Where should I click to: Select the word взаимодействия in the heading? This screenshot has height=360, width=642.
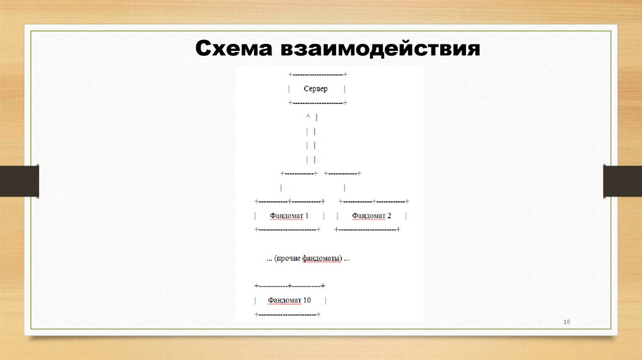coord(376,48)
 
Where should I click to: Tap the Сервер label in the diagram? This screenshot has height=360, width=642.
coord(315,89)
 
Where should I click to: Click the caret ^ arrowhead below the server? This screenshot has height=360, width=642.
coord(308,117)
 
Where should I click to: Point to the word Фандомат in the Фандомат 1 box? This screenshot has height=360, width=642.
coord(286,216)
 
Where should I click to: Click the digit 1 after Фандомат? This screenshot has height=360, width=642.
coord(307,216)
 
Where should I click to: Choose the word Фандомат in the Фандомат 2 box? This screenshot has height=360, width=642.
coord(368,216)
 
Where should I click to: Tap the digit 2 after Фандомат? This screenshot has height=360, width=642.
coord(389,216)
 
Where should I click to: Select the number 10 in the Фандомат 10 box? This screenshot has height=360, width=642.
coord(307,300)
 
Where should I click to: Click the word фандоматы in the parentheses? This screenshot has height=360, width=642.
coord(322,258)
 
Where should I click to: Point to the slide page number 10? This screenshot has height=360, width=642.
coord(566,322)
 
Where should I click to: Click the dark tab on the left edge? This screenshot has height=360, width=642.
coord(19,181)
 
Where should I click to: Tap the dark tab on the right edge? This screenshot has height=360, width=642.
coord(623,181)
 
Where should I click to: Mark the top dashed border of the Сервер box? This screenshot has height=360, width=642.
coord(318,75)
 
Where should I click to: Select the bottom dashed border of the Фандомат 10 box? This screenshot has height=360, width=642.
coord(288,314)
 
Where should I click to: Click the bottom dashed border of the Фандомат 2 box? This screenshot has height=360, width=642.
coord(368,230)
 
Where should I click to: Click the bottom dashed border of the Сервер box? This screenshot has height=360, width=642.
coord(318,102)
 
